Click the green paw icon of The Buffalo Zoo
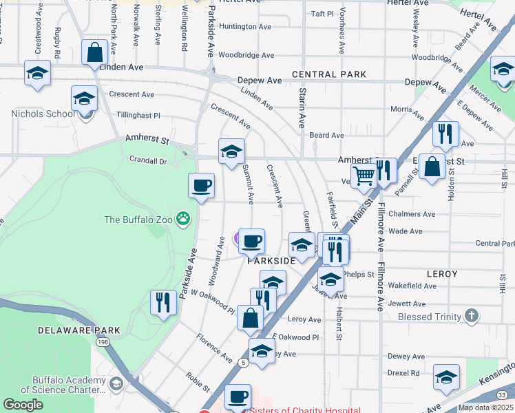pos(182,220)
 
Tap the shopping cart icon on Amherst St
pos(364,176)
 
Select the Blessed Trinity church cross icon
pos(472,317)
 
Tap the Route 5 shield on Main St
pos(243,361)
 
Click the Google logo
pos(23,405)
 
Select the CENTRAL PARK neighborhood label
pos(328,74)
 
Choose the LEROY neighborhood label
pos(442,274)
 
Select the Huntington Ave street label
pos(245,27)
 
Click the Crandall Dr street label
pos(148,160)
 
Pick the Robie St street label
pos(198,381)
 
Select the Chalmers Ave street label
pos(412,214)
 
